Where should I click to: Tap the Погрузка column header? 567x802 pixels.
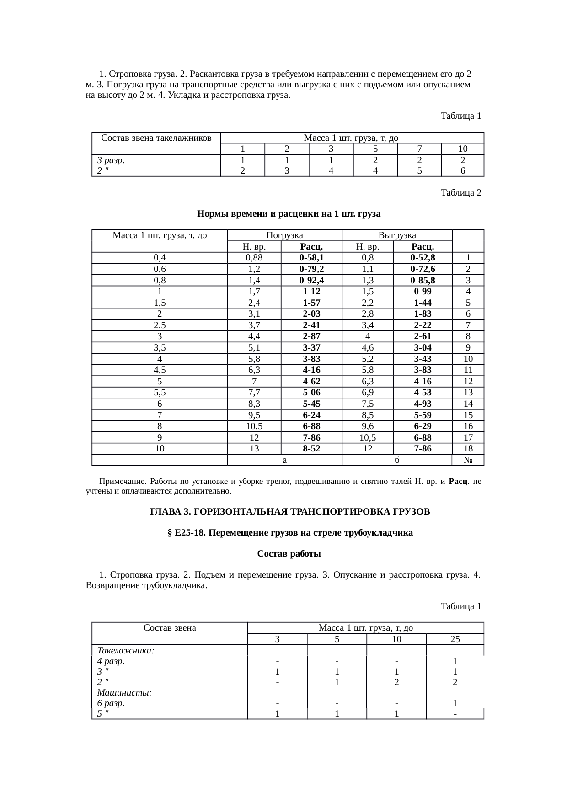pos(284,235)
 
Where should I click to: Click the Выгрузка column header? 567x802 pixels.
pos(397,235)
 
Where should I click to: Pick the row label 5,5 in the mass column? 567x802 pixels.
pos(160,393)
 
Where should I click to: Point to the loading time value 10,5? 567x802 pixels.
pos(254,426)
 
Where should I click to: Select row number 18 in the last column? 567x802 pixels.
pos(468,449)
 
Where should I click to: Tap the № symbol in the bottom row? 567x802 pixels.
pos(468,460)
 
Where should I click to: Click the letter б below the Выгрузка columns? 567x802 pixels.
pos(397,460)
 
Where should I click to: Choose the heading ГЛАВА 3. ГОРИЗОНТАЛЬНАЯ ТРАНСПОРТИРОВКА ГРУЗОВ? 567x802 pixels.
pos(290,512)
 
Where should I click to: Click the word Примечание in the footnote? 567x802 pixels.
pos(121,482)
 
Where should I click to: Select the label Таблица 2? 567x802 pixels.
pos(460,193)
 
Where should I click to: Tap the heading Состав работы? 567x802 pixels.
pos(289,554)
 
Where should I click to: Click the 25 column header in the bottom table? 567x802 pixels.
pos(455,639)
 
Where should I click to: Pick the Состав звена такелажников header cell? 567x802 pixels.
pos(156,138)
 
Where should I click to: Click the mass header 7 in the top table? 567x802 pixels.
pos(419,149)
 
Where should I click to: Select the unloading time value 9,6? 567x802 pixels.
pos(368,426)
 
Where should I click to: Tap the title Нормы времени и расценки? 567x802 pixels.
pos(289,214)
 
